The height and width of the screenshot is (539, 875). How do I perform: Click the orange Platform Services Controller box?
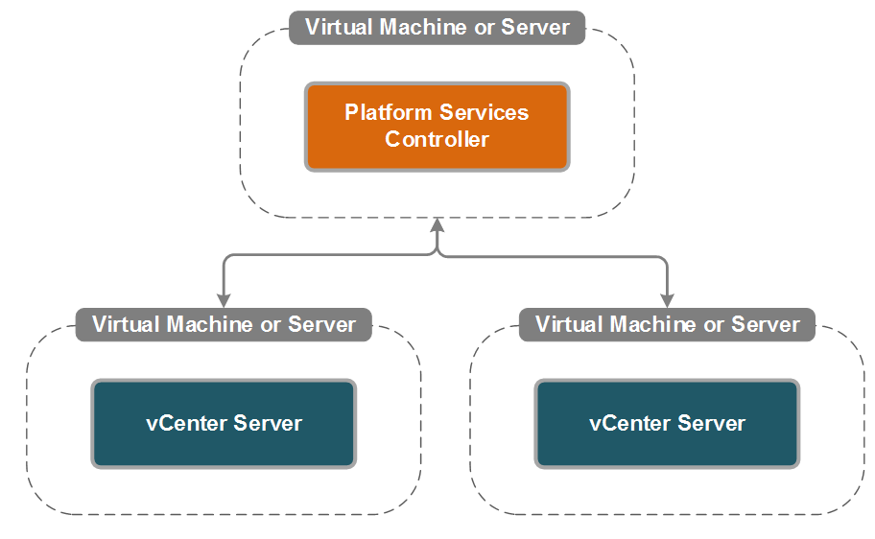coord(437,127)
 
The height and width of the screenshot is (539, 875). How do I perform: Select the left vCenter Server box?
coord(224,423)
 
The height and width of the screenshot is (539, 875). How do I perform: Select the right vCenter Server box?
coord(667,423)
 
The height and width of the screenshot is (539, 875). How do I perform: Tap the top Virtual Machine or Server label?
coord(437,27)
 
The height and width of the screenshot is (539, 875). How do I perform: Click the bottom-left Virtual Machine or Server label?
coord(224,324)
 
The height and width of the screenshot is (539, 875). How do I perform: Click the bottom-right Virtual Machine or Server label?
coord(667,324)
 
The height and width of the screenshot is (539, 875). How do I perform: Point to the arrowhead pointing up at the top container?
coord(437,225)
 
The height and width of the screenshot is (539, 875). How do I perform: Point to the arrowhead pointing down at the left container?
coord(224,299)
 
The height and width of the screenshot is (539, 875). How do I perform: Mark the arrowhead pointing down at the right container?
coord(667,299)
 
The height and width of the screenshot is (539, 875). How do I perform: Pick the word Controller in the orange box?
coord(437,140)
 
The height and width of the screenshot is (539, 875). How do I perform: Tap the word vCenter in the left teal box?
coord(183,423)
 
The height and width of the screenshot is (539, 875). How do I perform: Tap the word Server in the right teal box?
coord(711,423)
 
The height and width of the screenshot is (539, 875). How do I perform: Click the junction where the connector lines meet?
coord(437,255)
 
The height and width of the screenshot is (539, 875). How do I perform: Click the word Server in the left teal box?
coord(268,423)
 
